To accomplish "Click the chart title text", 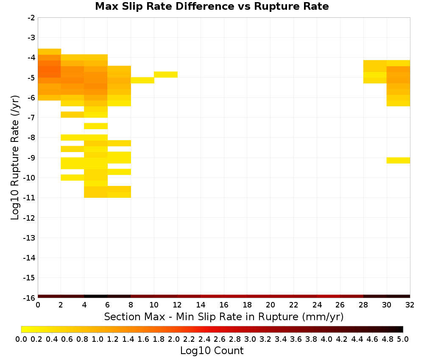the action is [212, 6].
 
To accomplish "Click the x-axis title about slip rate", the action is [223, 316].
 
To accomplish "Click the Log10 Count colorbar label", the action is [212, 351].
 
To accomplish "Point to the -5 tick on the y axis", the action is [31, 78].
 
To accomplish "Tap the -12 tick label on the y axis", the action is [29, 218].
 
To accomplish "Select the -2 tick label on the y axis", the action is [31, 18].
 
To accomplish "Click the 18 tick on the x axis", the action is [247, 305].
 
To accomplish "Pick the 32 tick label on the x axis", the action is [410, 305].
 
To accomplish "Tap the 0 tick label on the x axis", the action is [38, 305].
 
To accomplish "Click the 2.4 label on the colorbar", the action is [204, 339].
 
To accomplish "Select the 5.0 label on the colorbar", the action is [403, 339].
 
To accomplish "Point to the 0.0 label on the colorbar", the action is [21, 339].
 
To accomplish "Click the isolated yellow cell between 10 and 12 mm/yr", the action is [166, 75].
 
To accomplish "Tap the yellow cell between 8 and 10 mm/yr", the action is [142, 80].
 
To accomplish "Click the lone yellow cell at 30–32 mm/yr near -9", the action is [398, 160].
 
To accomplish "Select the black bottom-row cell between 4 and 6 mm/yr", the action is [96, 296].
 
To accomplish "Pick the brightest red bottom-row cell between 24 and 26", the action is [329, 296].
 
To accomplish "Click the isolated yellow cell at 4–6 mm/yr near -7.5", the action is [96, 126].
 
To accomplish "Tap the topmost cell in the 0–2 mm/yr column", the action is [50, 52].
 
